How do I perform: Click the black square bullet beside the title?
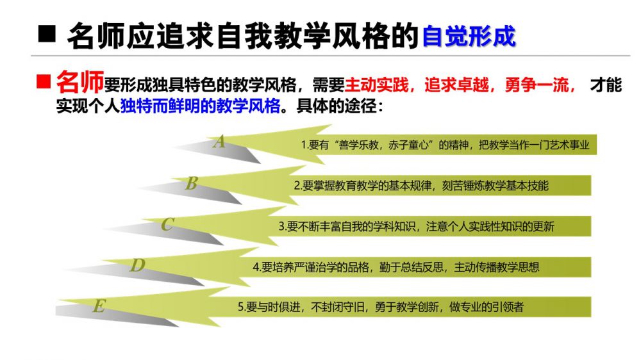coord(47,34)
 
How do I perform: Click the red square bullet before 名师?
coord(44,81)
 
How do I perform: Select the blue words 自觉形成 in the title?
coord(469,36)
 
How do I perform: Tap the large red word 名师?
coord(79,82)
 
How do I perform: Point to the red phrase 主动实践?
coord(376,85)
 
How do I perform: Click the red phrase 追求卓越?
coord(456,85)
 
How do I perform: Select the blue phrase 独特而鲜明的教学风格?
coord(200,106)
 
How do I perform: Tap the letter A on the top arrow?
coord(219,142)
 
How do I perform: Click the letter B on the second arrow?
coord(191,183)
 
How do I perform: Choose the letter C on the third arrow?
coord(167,224)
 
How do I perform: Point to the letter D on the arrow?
coord(137,265)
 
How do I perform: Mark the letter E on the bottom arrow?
coord(99,306)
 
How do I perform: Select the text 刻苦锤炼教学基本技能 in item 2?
coord(495,186)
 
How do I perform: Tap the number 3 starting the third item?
coord(281,227)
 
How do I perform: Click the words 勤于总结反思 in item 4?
coord(412,267)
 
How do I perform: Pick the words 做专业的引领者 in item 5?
coord(487,307)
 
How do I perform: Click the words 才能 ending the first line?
coord(606,85)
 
